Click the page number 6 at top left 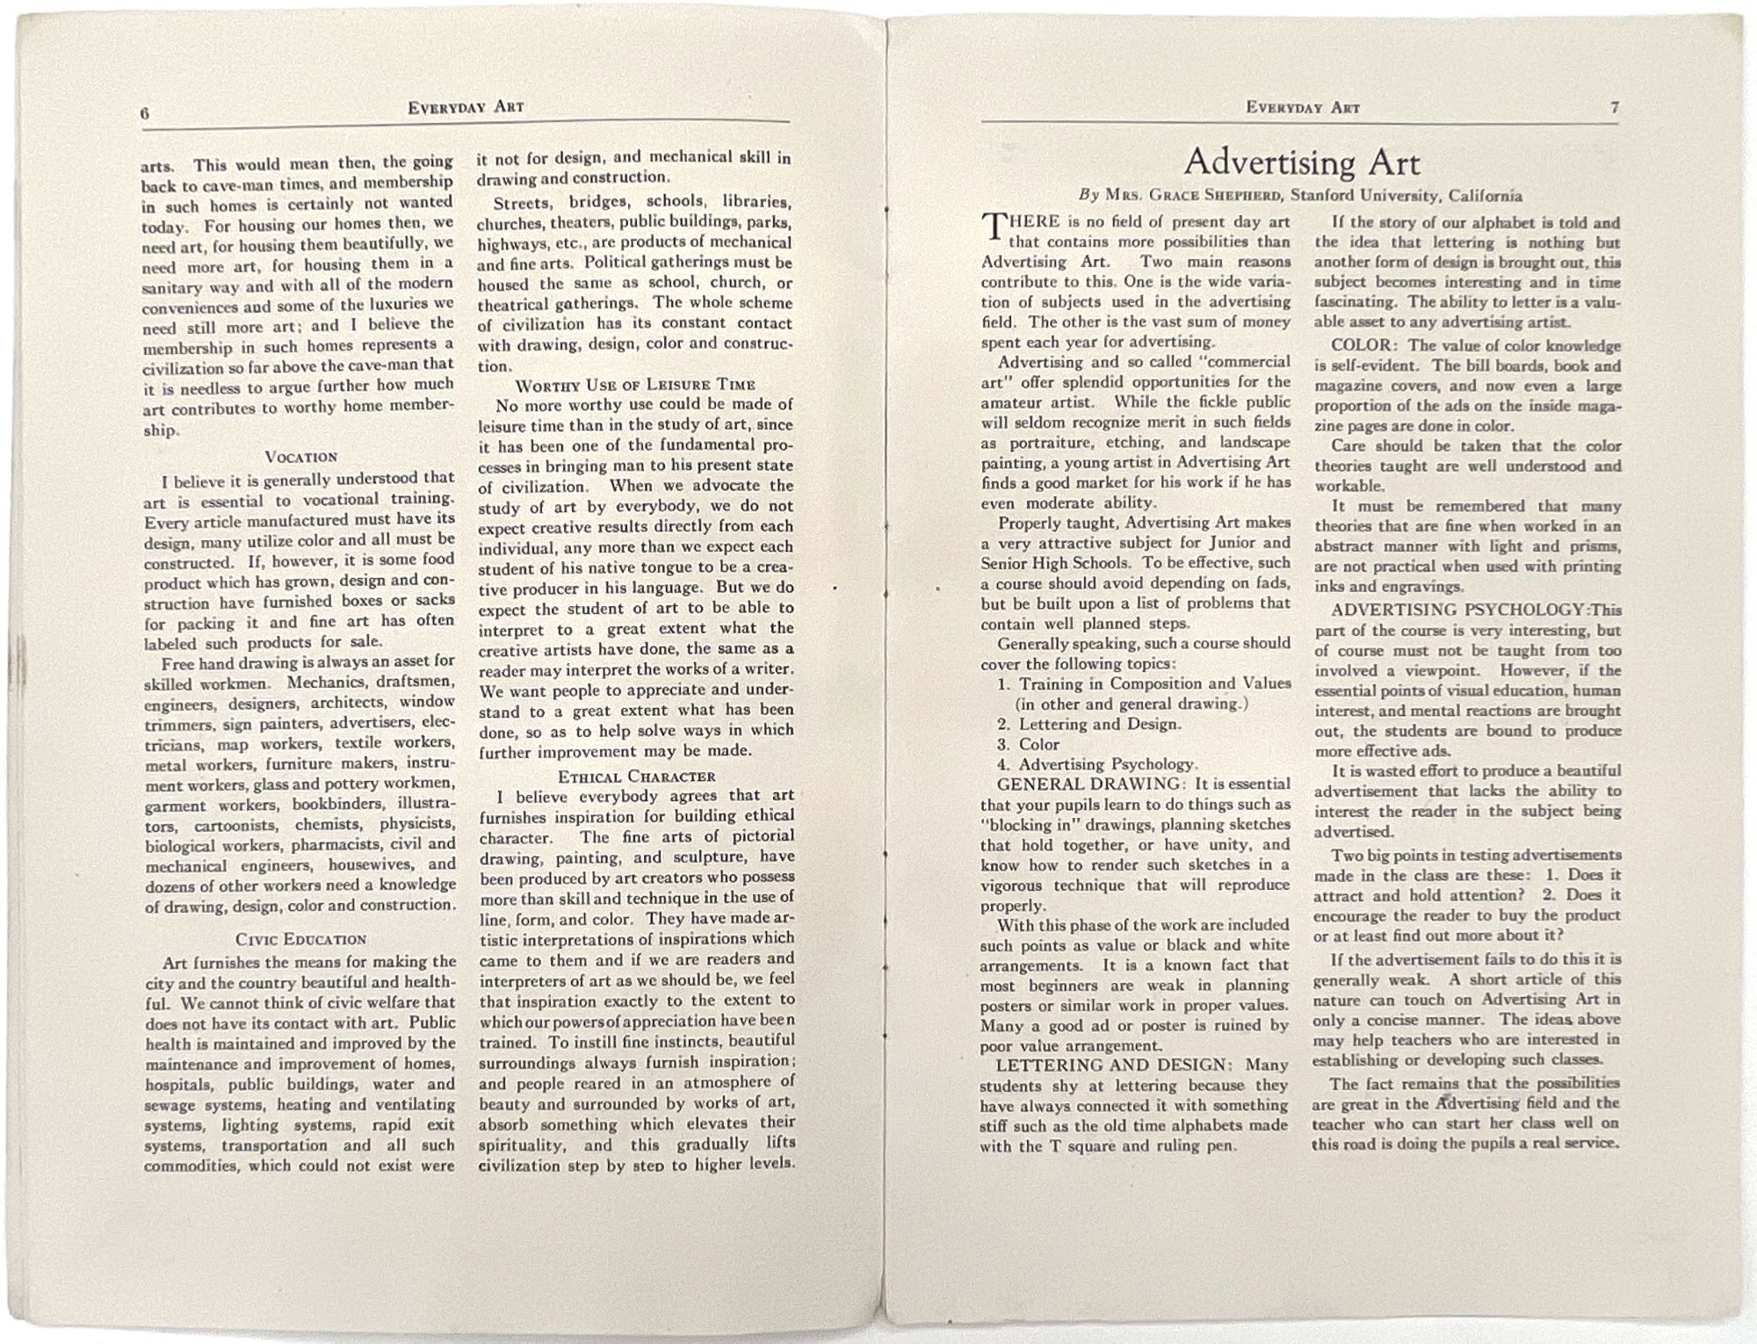tap(145, 112)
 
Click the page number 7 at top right tap(1615, 107)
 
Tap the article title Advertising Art tap(1301, 163)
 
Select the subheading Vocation tap(300, 457)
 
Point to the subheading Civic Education tap(300, 939)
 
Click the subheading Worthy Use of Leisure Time tap(634, 385)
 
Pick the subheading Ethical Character tap(636, 777)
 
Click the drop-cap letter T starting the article tap(994, 228)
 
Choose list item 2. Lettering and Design tap(1088, 724)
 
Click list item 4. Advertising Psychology tap(1095, 764)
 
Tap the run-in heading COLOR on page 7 tap(1361, 345)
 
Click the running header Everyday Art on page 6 tap(466, 107)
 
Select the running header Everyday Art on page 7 tap(1302, 107)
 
